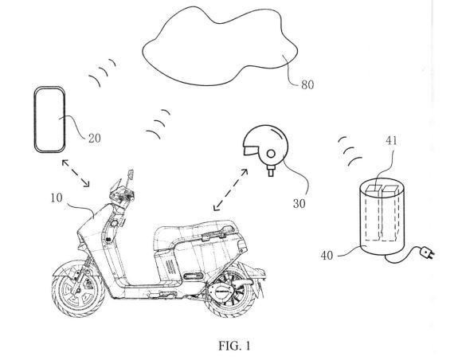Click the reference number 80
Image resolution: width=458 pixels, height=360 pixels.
307,84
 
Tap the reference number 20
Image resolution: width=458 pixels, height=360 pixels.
94,138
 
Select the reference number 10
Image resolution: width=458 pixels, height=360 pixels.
57,198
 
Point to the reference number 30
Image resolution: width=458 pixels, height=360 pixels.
299,204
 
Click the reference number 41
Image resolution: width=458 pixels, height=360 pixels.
391,141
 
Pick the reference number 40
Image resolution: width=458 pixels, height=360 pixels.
327,256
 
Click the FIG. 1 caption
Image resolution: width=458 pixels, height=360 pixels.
234,346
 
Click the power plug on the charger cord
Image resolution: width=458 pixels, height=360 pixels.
426,252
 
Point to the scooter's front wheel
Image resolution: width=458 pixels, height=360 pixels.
78,289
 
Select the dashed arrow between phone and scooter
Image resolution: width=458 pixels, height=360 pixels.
76,173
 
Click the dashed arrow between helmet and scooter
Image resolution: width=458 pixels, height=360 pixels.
230,190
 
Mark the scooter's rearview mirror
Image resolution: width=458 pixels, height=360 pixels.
131,174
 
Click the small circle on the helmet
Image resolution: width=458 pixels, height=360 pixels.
271,154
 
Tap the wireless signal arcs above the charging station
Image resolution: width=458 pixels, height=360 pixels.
350,151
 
